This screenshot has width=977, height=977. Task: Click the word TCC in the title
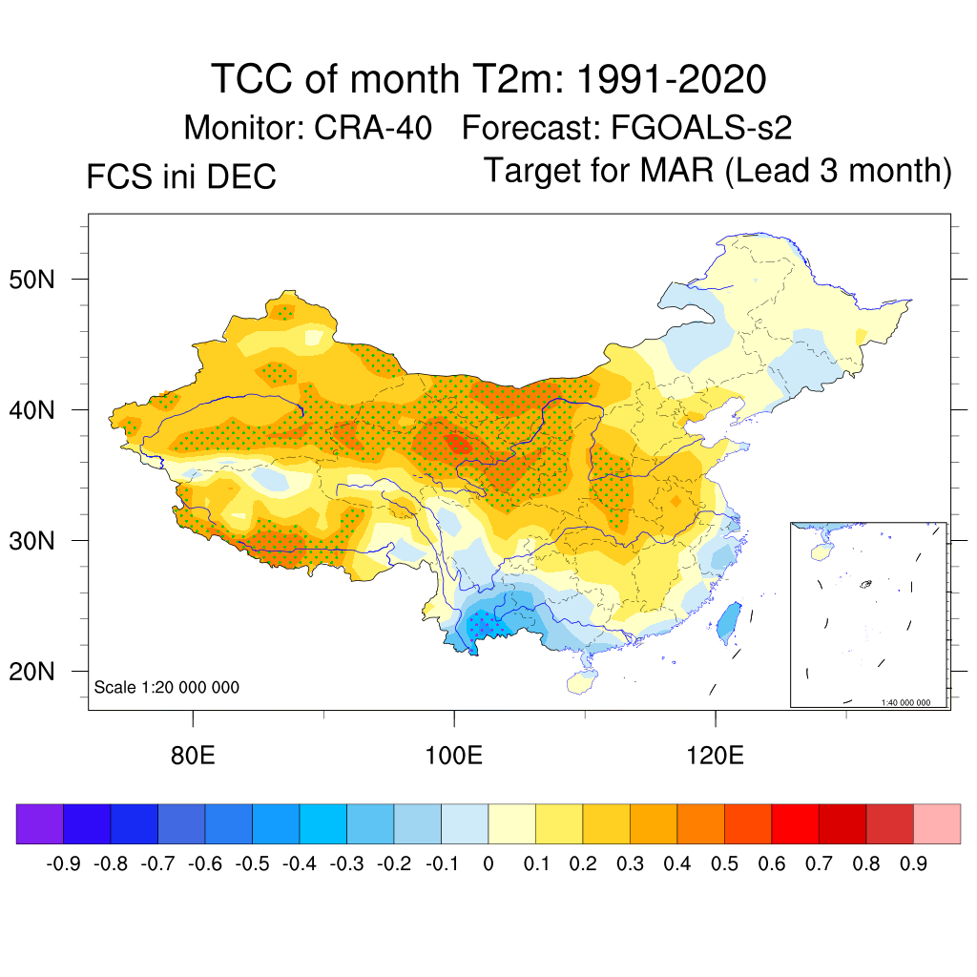253,78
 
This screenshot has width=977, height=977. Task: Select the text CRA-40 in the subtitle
373,127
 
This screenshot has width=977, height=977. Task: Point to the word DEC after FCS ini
242,177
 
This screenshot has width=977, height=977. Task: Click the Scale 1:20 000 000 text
167,687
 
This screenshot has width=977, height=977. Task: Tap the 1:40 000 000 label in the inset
912,702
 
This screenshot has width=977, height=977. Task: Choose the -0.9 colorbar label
63,864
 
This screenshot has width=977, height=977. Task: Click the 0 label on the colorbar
488,864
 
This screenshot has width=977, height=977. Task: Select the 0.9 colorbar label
913,864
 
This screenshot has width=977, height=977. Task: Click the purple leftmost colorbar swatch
40,823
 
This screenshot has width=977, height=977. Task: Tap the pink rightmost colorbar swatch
937,823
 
